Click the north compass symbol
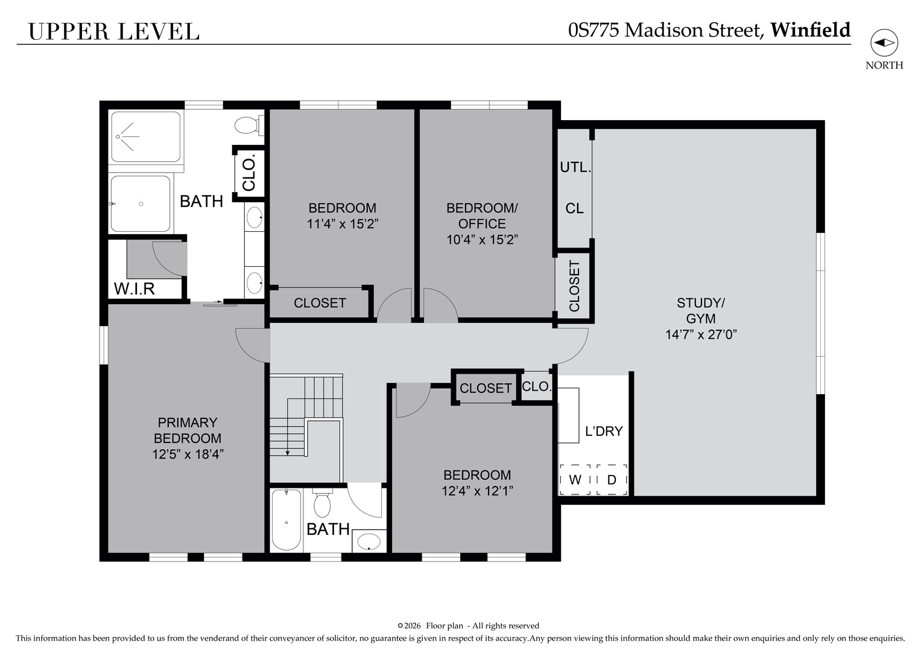tap(884, 43)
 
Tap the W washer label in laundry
tap(575, 480)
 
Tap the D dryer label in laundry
tap(612, 480)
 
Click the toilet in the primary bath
tap(248, 126)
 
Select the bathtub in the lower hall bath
tap(286, 519)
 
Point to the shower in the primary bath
tap(145, 136)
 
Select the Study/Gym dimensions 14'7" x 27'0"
tap(701, 334)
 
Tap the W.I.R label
tap(134, 289)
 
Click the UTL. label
tap(575, 167)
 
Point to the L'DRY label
tap(603, 432)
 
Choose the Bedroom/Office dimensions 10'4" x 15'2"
tap(482, 240)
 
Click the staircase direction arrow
tap(288, 451)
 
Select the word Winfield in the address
tap(810, 30)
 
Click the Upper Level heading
tap(113, 31)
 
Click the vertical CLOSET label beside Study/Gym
tap(574, 286)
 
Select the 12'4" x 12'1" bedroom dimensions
tap(476, 491)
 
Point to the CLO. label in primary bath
tap(249, 172)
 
